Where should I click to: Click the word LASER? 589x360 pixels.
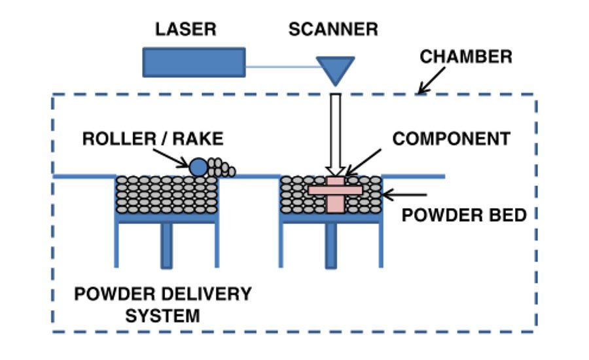[x=185, y=29]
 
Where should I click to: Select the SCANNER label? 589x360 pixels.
[x=333, y=29]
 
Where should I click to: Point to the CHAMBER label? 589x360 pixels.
[x=466, y=56]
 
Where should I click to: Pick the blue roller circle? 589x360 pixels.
[x=198, y=167]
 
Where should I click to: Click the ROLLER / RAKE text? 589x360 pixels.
[x=152, y=139]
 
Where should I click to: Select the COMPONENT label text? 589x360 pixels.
[x=451, y=139]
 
